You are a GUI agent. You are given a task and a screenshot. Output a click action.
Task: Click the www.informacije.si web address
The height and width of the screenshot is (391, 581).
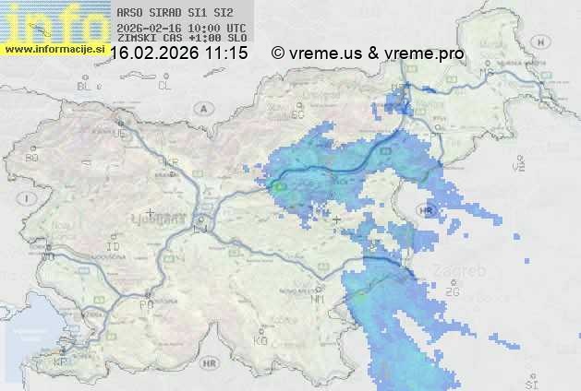[54, 49]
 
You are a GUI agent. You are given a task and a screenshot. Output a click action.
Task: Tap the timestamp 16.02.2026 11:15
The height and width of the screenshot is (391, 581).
[178, 53]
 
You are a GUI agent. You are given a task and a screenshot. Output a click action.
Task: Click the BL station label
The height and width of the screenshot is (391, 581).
[85, 86]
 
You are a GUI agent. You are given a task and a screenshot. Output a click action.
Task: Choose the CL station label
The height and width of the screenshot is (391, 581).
[164, 86]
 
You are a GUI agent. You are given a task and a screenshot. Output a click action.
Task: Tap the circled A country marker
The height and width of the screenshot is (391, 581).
[201, 109]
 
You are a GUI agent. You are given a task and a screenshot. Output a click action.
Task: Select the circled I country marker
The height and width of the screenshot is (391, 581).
[29, 198]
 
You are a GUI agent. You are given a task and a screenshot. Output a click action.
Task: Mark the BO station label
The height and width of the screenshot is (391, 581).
[33, 158]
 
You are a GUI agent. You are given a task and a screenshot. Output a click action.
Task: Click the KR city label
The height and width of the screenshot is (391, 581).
[171, 162]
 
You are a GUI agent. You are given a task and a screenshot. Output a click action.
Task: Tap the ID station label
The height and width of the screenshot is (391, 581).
[114, 247]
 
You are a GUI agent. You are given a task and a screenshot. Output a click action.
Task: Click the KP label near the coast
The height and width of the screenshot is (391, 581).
[61, 362]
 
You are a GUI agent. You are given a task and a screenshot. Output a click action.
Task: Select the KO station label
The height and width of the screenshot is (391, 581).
[260, 340]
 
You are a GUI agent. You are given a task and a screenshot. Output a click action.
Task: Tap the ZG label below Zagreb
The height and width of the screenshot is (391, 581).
[453, 292]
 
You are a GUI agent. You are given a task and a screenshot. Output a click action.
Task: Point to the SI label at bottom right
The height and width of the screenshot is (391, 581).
[530, 383]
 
